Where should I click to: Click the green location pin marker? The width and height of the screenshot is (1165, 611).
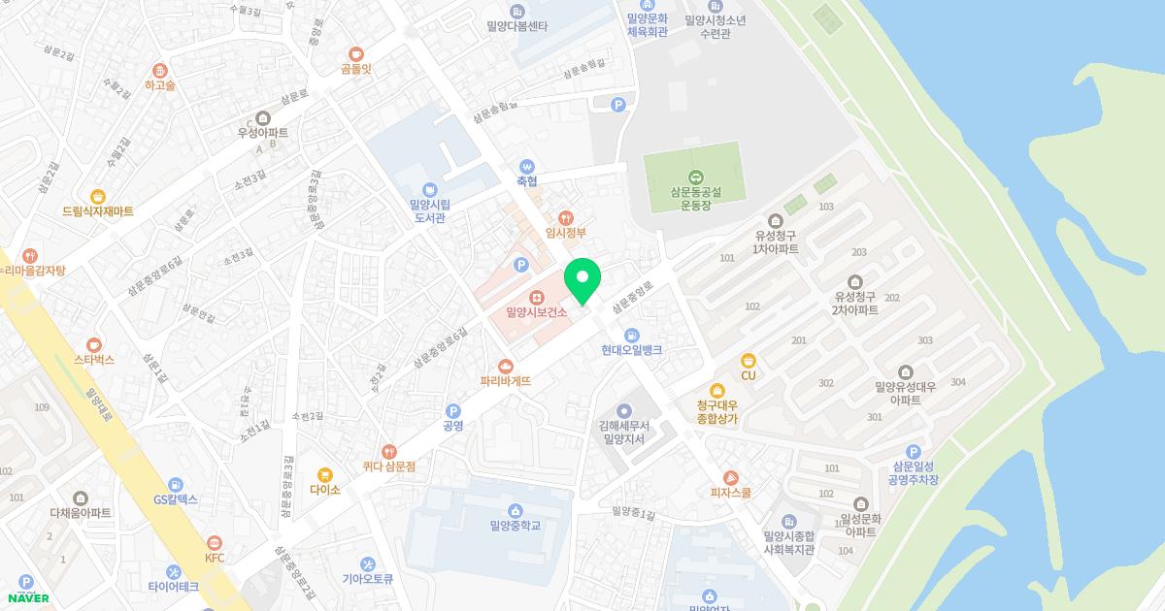[582, 281]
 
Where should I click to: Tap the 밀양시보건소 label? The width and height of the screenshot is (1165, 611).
[536, 312]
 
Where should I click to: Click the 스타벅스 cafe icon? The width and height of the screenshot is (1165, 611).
[94, 344]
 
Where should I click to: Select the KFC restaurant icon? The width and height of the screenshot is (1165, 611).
[215, 542]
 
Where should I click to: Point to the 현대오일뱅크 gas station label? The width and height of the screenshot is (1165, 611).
[631, 350]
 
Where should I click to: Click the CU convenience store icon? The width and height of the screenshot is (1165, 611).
[748, 361]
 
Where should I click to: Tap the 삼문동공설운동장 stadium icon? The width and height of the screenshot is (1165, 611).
[695, 177]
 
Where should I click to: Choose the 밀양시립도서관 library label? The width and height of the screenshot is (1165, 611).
[430, 210]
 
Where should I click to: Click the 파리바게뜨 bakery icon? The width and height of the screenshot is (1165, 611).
[505, 366]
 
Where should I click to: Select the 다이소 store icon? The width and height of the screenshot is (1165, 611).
[325, 475]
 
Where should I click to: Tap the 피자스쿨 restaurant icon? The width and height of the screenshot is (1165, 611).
[731, 477]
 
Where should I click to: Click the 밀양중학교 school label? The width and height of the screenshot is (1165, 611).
[516, 526]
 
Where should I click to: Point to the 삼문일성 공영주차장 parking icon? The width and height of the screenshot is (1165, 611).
[913, 452]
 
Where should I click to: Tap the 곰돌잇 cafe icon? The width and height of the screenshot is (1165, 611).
[356, 54]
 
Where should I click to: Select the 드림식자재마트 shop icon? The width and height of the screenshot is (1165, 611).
[97, 196]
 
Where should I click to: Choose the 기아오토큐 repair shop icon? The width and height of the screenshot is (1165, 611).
[367, 564]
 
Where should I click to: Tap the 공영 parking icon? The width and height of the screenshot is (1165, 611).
[452, 411]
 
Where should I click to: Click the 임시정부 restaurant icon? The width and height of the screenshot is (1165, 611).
[567, 218]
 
